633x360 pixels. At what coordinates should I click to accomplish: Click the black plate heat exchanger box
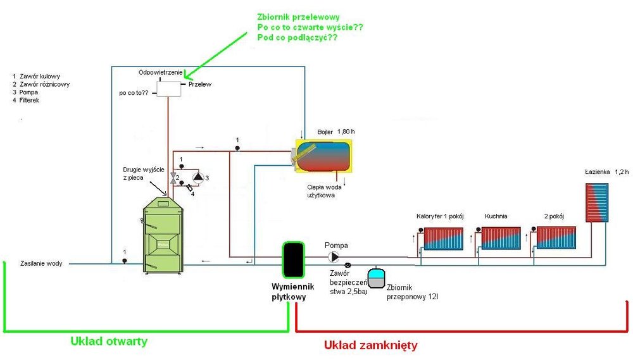(292, 259)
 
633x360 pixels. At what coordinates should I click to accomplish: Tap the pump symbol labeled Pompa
(334, 257)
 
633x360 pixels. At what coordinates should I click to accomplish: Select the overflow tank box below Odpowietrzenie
(168, 89)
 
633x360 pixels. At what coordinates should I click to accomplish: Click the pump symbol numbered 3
(198, 178)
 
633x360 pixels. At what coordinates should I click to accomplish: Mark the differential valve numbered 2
(173, 178)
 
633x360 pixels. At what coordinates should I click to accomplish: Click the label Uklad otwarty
(109, 341)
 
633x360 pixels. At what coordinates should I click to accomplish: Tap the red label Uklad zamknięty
(370, 345)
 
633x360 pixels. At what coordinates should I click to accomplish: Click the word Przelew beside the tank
(200, 84)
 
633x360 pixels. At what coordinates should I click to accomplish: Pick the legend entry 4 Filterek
(26, 100)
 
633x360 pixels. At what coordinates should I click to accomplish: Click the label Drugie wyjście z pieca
(144, 173)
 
